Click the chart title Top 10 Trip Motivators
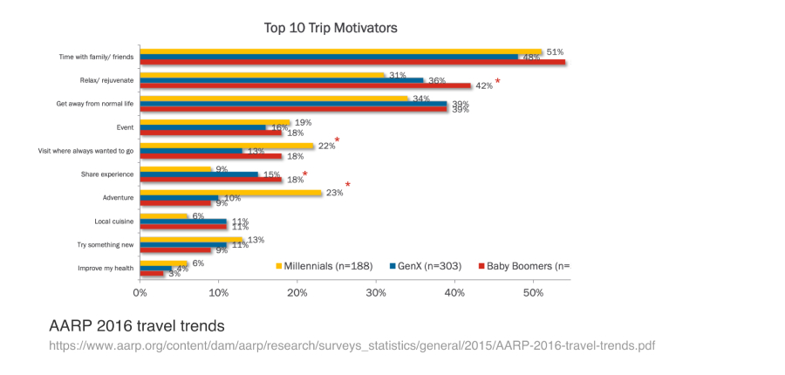(331, 29)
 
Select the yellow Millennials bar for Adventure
(231, 192)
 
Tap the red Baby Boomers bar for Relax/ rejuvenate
(305, 85)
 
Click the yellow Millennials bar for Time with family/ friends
(340, 52)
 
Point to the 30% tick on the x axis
(376, 292)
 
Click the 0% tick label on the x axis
(140, 292)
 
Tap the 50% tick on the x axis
(534, 292)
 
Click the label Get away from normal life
(94, 104)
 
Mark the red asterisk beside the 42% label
(498, 82)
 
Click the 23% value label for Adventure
(334, 193)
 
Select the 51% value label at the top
(555, 52)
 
